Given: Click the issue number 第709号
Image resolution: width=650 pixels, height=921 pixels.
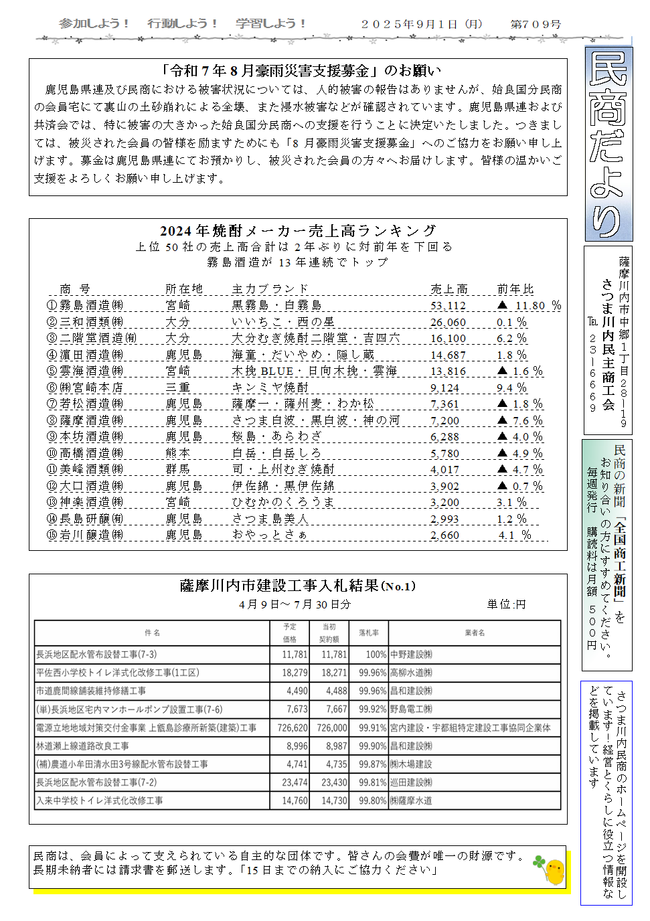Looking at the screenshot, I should coord(536,24).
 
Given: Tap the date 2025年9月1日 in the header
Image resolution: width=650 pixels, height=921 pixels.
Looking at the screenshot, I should coord(409,24).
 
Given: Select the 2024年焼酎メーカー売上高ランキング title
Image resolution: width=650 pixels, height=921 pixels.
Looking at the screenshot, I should coord(298,231).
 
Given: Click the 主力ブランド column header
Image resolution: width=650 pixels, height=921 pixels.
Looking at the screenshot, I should coord(270,289).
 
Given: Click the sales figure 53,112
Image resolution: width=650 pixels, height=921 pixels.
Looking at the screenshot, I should coord(448,306).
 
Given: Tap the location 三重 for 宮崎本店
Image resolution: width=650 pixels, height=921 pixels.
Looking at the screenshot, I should coord(178,388).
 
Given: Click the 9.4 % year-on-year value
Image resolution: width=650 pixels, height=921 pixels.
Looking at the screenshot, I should coord(511,388).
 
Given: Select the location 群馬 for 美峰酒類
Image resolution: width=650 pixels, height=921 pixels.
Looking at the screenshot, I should coord(178,470).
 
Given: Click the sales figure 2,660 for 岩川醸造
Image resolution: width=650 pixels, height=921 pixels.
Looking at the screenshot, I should coord(444,535).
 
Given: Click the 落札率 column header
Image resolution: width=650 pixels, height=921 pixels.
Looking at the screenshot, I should coord(369,633).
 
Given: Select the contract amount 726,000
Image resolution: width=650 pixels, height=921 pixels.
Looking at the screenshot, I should coord(332,728).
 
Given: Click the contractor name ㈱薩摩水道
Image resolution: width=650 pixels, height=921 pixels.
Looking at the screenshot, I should coord(411,801).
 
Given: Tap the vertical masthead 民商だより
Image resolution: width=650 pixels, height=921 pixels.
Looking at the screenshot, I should coord(608,144).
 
